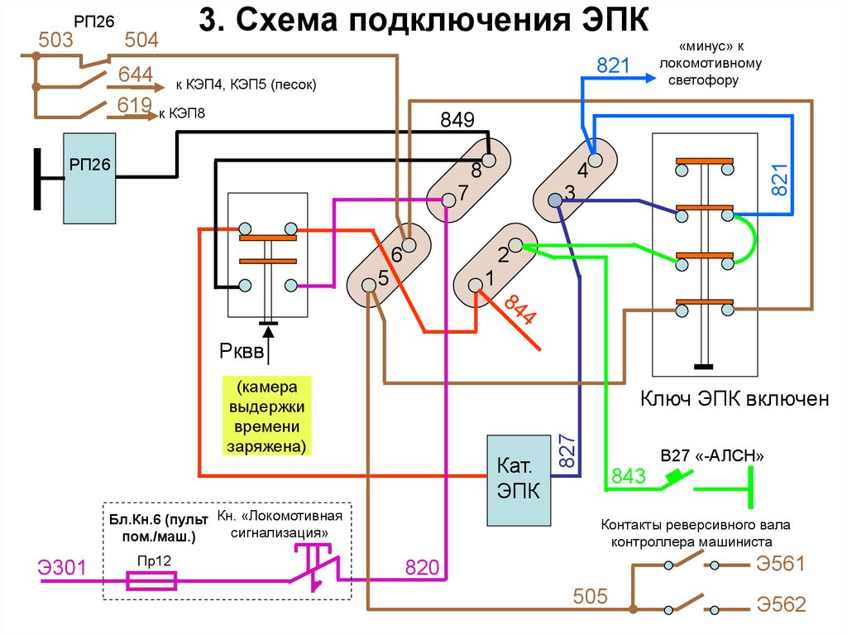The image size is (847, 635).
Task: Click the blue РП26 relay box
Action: [91, 178]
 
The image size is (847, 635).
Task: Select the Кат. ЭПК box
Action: [519, 480]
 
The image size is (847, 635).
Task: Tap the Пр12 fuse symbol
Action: [151, 581]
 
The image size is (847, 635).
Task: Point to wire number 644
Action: [136, 75]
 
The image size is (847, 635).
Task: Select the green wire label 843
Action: [627, 477]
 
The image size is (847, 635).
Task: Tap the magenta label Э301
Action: [61, 568]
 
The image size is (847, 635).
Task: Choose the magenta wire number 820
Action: [421, 568]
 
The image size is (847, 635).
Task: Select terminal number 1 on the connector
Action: [489, 279]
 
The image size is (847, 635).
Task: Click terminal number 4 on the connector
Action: [582, 171]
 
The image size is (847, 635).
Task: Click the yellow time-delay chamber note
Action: [267, 417]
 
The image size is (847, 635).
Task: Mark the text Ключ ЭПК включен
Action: [735, 399]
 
